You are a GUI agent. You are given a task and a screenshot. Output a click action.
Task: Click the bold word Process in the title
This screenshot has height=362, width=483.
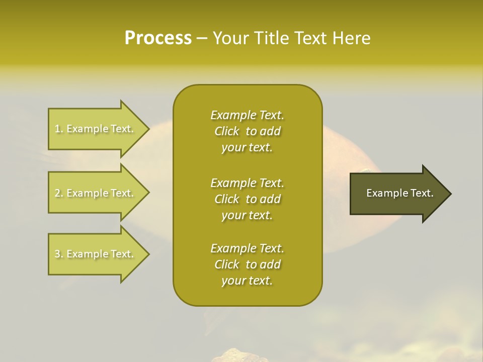click(x=158, y=38)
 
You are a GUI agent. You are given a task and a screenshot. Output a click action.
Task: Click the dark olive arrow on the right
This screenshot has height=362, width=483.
click(x=397, y=193)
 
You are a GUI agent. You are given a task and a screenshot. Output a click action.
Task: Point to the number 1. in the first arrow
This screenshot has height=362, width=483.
click(x=59, y=129)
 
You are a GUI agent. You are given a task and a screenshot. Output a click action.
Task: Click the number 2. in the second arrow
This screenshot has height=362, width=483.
click(x=59, y=193)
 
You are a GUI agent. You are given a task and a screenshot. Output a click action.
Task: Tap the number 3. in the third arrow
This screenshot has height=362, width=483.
click(x=59, y=254)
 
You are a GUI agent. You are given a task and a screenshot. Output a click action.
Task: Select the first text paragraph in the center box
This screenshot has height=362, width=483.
click(x=247, y=131)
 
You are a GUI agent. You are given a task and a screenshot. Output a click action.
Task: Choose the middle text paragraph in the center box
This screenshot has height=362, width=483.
click(x=247, y=199)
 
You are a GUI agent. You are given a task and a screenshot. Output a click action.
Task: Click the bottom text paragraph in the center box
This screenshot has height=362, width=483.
click(x=247, y=264)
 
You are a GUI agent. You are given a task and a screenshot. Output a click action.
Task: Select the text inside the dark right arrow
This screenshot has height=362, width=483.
click(x=399, y=193)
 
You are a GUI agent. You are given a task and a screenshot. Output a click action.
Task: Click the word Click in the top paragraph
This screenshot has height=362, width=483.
click(x=227, y=132)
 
